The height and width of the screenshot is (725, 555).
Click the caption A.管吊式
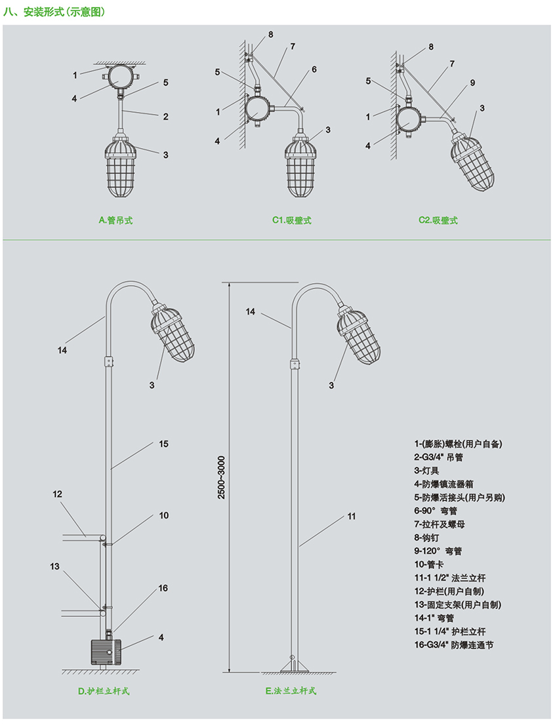pyautogui.click(x=115, y=220)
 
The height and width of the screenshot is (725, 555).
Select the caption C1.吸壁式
pyautogui.click(x=292, y=220)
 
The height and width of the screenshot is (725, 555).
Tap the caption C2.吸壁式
pyautogui.click(x=438, y=220)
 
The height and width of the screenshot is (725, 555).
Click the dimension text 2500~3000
pyautogui.click(x=222, y=477)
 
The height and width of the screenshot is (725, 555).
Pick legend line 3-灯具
pyautogui.click(x=426, y=471)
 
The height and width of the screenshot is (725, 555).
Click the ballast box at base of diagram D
pyautogui.click(x=104, y=652)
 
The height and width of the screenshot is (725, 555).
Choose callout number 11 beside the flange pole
pyautogui.click(x=352, y=517)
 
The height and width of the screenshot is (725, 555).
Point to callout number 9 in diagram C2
pyautogui.click(x=472, y=83)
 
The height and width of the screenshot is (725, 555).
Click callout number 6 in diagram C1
pyautogui.click(x=314, y=69)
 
